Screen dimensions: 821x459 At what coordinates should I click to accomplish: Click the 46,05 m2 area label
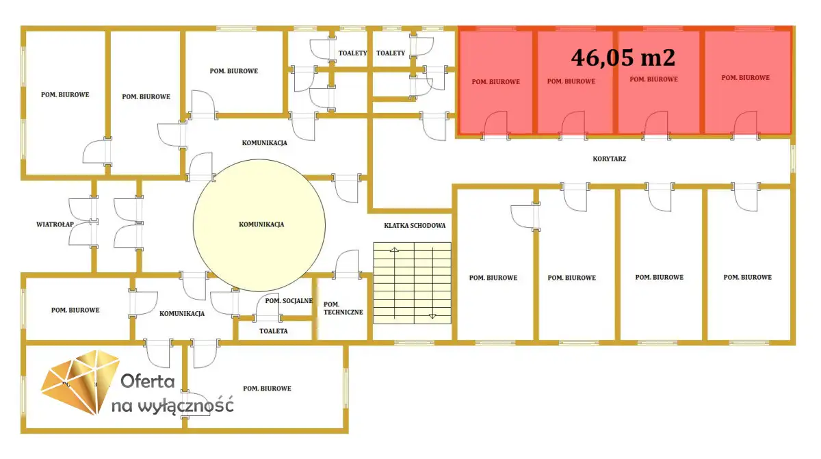(623, 58)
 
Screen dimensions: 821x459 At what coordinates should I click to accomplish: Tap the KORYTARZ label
(609, 159)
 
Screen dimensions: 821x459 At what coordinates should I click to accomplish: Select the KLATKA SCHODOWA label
(415, 226)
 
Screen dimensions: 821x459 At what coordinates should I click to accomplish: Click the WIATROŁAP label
(55, 224)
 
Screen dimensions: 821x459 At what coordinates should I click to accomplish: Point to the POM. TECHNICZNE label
(343, 309)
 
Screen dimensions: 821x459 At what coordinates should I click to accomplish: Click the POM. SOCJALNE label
(289, 301)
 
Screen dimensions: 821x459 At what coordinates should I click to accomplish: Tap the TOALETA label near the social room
(274, 331)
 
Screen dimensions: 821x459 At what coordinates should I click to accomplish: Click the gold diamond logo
(80, 382)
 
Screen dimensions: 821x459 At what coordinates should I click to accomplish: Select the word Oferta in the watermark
(147, 381)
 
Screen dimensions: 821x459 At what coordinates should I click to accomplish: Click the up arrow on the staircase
(394, 250)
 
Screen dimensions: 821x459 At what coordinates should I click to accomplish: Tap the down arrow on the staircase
(432, 316)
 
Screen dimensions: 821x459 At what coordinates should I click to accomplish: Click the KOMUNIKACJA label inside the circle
(261, 224)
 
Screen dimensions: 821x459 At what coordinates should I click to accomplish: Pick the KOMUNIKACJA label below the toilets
(264, 143)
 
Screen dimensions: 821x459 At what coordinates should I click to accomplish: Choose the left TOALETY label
(352, 53)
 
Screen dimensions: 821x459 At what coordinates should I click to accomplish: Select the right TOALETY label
(391, 53)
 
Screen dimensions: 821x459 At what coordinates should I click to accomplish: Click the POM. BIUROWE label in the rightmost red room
(746, 78)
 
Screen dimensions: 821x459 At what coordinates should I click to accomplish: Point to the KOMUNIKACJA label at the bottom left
(182, 313)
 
